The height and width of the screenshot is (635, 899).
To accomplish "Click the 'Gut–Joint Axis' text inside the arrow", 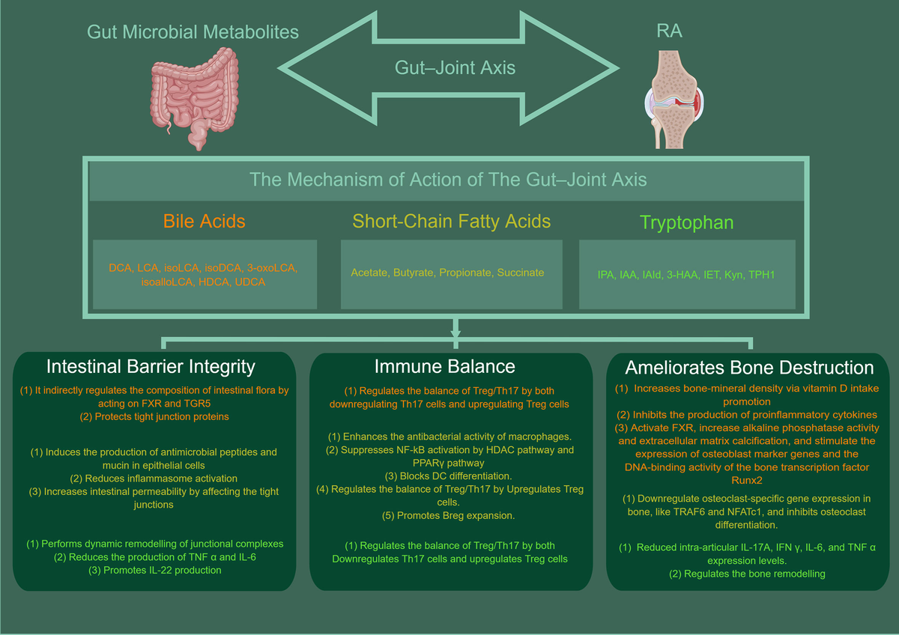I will (x=455, y=67).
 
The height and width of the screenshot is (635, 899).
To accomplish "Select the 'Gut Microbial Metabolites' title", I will (x=193, y=31).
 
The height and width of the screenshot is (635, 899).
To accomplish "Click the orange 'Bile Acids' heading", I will (x=205, y=221).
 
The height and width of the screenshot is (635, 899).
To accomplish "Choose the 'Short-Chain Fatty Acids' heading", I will (x=452, y=221).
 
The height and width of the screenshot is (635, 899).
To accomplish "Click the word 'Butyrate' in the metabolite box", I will (x=417, y=273).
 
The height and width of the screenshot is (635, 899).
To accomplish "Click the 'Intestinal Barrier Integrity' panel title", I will (x=151, y=366).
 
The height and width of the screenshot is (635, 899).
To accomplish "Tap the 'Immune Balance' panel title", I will (x=445, y=366).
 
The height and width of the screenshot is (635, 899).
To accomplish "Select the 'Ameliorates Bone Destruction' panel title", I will (x=750, y=368).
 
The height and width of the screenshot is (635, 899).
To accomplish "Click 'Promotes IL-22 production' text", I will (x=157, y=571).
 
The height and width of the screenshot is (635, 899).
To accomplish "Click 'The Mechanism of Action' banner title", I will (x=447, y=180).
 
